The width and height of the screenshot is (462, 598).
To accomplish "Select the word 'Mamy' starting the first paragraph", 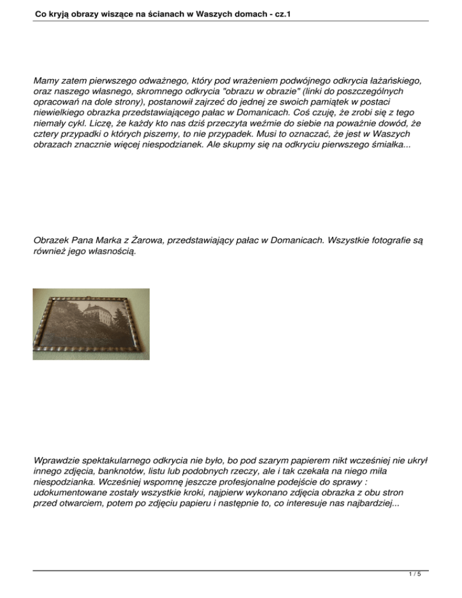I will click(x=47, y=79).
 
